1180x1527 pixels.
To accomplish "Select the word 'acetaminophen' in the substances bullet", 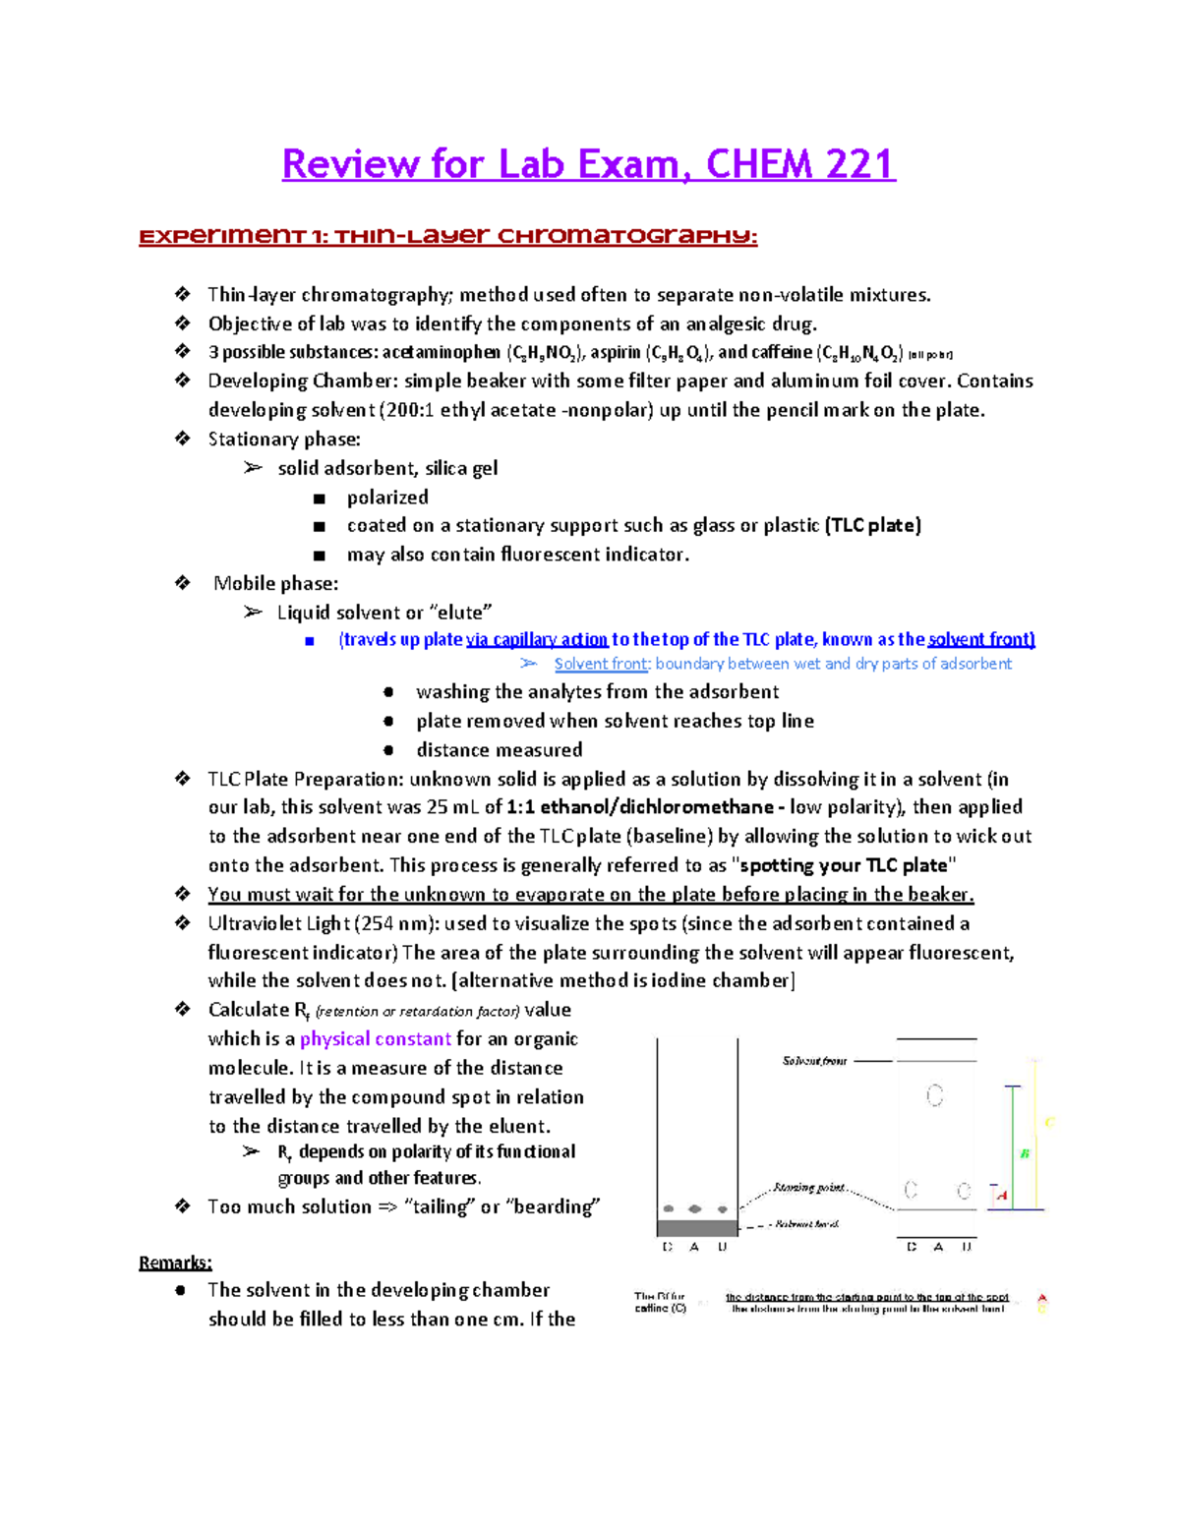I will coord(441,352).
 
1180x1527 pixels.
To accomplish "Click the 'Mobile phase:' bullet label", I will coord(276,583).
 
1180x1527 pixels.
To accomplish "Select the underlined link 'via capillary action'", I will coord(537,639).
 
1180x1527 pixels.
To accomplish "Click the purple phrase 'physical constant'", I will coord(376,1039).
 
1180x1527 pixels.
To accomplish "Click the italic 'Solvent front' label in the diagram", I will coord(814,1061).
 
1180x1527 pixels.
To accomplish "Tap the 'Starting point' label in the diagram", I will coord(808,1188).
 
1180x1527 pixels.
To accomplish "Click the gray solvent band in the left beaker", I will coord(696,1227).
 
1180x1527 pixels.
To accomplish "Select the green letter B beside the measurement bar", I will coord(1025,1153).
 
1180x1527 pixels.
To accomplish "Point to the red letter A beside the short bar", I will coord(1002,1196).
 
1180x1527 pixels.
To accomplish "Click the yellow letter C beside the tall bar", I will coord(1049,1122).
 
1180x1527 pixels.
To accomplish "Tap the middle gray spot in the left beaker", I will coord(695,1208).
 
